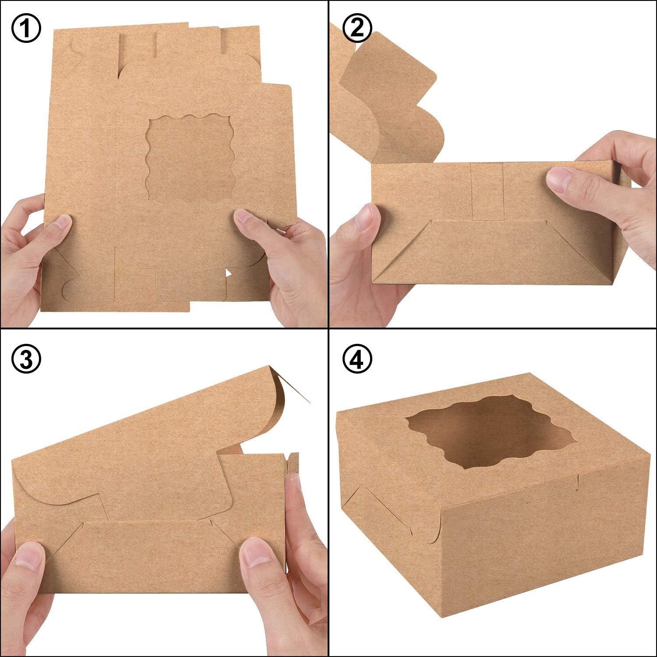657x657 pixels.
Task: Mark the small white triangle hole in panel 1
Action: [228, 274]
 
